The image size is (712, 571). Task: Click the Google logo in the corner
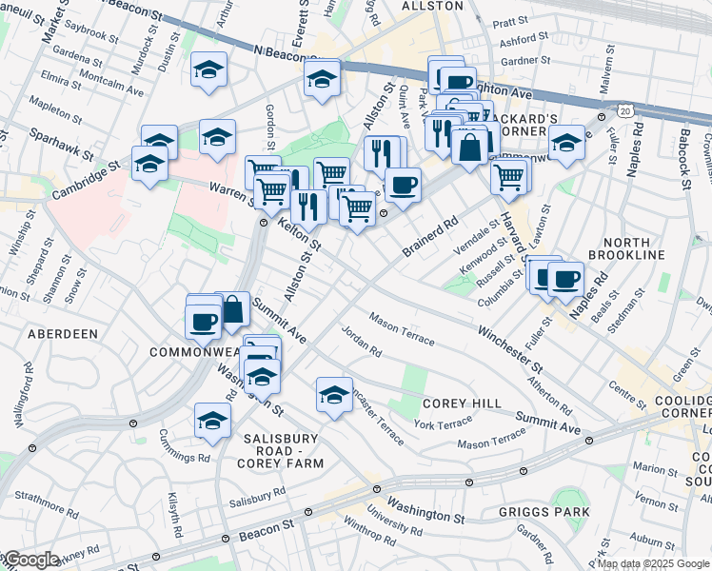point(30,560)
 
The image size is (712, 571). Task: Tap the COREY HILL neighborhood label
point(462,404)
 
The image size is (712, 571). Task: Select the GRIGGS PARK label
point(544,512)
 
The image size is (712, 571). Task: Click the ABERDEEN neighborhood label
point(63,334)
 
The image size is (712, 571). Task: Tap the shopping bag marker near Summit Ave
point(232,307)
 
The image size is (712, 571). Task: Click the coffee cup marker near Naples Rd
point(566,278)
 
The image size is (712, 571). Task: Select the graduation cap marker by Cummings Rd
point(212,419)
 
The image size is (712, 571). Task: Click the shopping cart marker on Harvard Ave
point(510,174)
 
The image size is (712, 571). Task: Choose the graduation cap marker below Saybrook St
point(208,69)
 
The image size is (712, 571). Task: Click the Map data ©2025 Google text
point(653,563)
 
